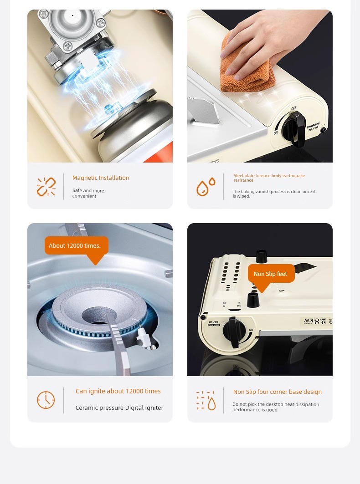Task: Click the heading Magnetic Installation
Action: coord(101,178)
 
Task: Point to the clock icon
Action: coord(46,400)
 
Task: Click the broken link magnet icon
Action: coord(46,187)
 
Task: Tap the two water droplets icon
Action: coord(206,186)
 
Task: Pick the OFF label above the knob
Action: coord(293,108)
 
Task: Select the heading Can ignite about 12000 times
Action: coord(118,391)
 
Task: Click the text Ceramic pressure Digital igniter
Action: coord(119,408)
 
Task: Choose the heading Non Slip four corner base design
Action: coord(278,392)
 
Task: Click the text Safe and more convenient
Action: coord(88,193)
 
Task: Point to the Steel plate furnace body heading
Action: coord(269,178)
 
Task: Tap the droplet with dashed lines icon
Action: coord(206,400)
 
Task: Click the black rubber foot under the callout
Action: coord(253,300)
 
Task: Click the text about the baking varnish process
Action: coord(274,194)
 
